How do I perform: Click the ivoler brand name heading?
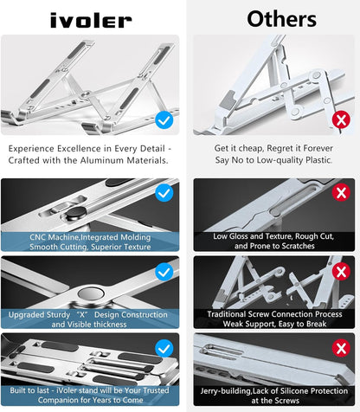point(90,19)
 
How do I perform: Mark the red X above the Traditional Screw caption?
point(340,272)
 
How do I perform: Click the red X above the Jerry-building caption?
point(340,348)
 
